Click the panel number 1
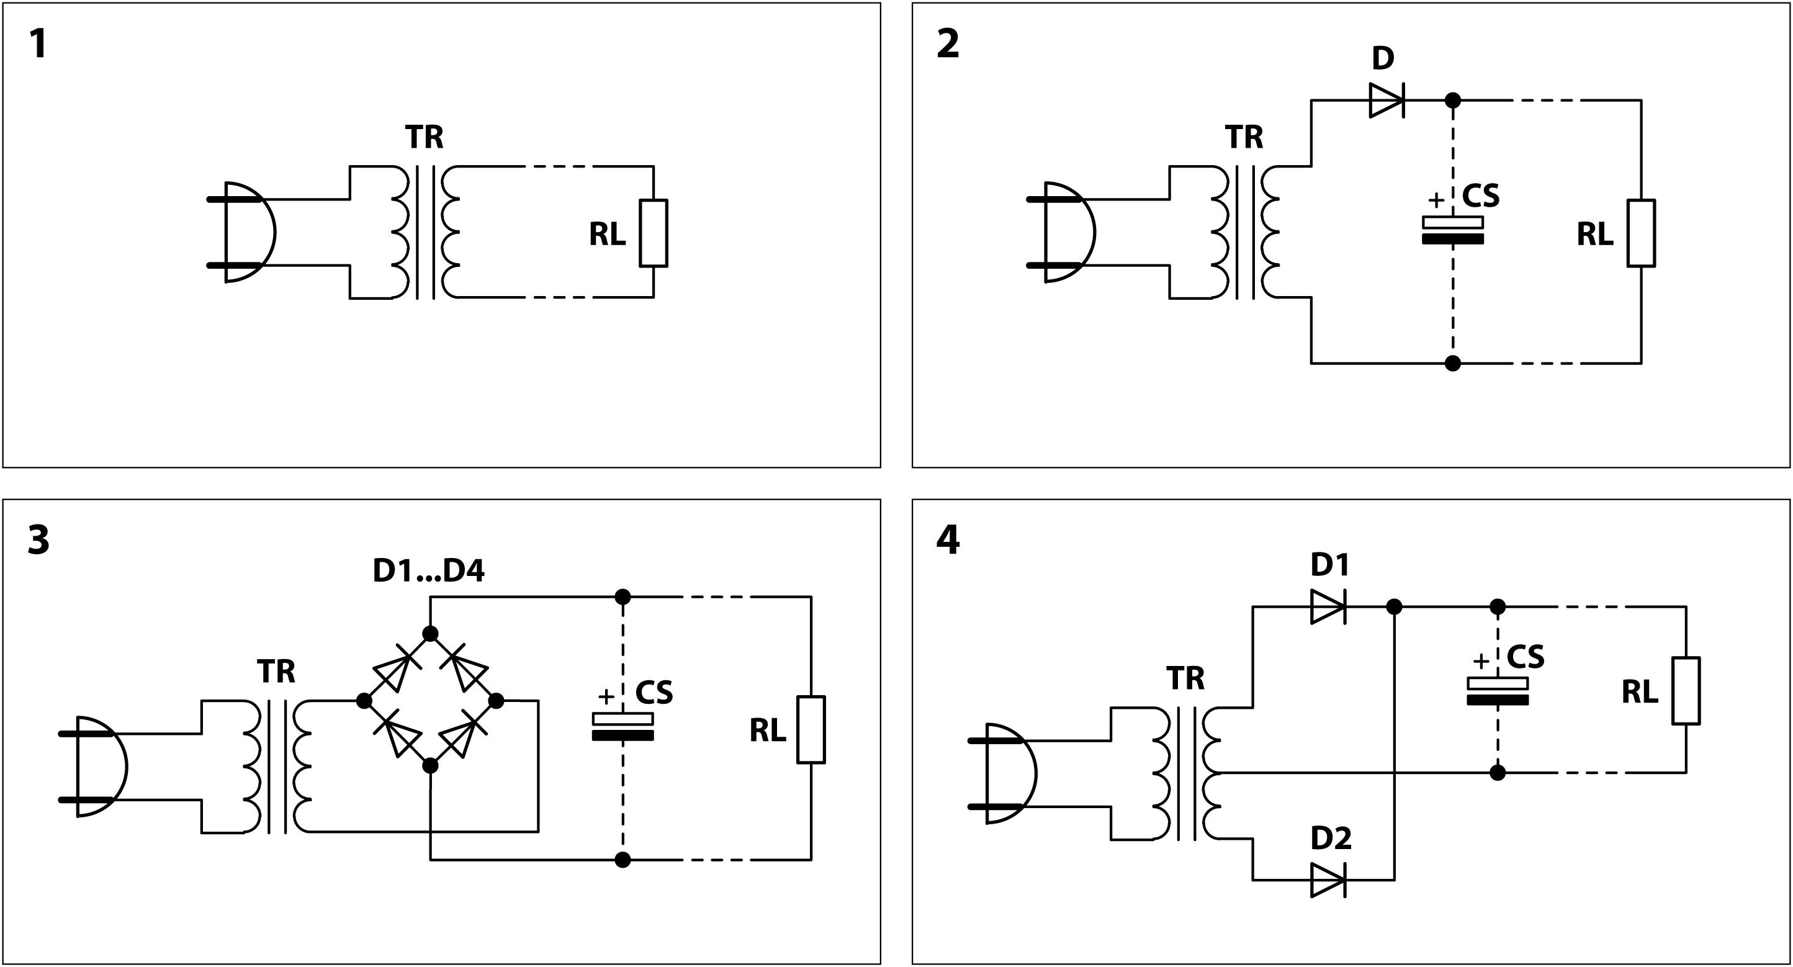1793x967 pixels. coord(38,45)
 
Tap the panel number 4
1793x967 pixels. coord(948,539)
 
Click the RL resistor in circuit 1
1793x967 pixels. coord(653,233)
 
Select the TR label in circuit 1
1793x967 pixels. coord(424,137)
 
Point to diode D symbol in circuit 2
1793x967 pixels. coord(1386,101)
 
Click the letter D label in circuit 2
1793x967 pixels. coord(1382,58)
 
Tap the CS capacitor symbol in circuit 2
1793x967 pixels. coord(1453,230)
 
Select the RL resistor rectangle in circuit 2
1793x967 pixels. coord(1640,233)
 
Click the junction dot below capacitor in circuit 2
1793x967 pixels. coord(1453,362)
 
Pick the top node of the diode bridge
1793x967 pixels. coord(430,634)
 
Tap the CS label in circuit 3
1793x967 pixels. coord(654,692)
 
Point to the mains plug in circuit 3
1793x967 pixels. coord(97,767)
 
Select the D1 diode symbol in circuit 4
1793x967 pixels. coord(1328,607)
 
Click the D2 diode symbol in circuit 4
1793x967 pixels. coord(1328,880)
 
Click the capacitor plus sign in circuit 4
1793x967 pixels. coord(1481,660)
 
